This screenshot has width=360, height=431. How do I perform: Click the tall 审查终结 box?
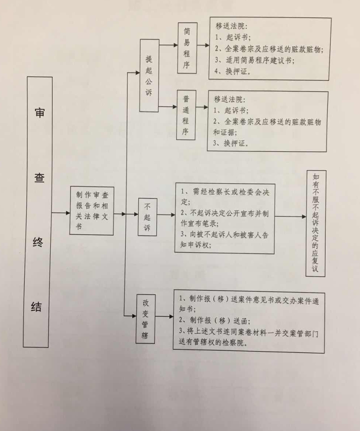pos(38,212)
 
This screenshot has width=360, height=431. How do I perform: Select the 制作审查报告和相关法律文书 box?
pos(92,211)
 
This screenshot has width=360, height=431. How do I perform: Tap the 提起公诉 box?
pos(149,76)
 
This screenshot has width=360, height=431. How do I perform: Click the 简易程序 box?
pos(187,48)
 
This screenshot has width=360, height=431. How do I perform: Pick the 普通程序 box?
pos(186,115)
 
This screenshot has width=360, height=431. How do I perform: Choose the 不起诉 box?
pos(148,217)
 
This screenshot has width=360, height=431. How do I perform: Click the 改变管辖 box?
pos(146,319)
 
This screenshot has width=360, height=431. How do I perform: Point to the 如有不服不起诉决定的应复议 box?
pos(316,223)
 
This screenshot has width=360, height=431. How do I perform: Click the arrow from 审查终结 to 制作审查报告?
pos(61,213)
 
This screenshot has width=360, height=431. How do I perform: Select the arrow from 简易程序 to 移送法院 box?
pos(203,45)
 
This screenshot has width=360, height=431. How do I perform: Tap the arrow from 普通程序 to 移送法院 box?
pos(202,107)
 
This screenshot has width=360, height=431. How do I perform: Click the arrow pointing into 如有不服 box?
pos(290,216)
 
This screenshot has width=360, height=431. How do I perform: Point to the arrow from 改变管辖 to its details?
pos(164,316)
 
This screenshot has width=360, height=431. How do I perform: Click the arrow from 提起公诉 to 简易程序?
pos(168,45)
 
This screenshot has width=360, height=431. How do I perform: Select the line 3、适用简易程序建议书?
pos(254,60)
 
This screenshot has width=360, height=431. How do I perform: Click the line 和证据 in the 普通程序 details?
pos(225,132)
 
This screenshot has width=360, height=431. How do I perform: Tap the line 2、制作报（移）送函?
pos(214,321)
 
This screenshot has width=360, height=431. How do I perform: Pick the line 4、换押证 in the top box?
pos(232,71)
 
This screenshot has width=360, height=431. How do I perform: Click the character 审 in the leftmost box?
pos(40,113)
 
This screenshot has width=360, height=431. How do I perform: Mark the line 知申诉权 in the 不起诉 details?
pos(195,245)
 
